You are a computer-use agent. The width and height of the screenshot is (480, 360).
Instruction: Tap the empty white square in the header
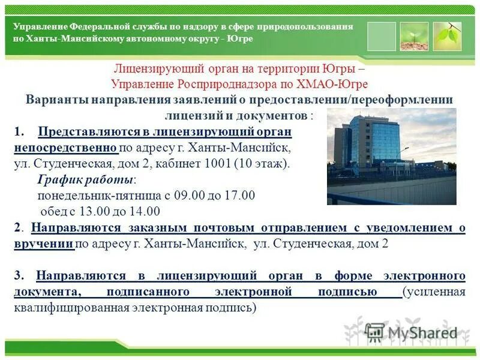click(x=382, y=36)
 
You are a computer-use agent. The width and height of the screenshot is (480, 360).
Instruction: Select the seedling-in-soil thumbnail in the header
click(x=414, y=36)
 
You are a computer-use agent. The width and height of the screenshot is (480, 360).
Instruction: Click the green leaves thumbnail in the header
click(x=447, y=36)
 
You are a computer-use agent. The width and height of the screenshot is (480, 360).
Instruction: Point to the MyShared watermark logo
click(x=411, y=332)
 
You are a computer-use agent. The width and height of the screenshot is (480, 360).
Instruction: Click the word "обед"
click(x=53, y=211)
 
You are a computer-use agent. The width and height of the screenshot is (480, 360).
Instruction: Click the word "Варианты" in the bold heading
click(x=56, y=100)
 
